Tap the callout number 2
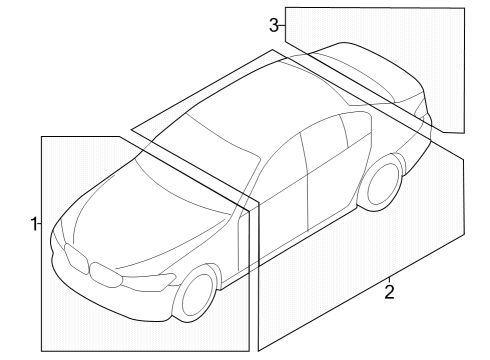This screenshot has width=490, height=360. click(x=389, y=292)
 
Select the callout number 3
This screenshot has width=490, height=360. click(x=274, y=25)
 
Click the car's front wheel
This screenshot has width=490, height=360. click(x=197, y=295)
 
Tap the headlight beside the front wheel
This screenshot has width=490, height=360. click(x=150, y=276)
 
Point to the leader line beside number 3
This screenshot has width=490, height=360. click(x=282, y=25)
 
